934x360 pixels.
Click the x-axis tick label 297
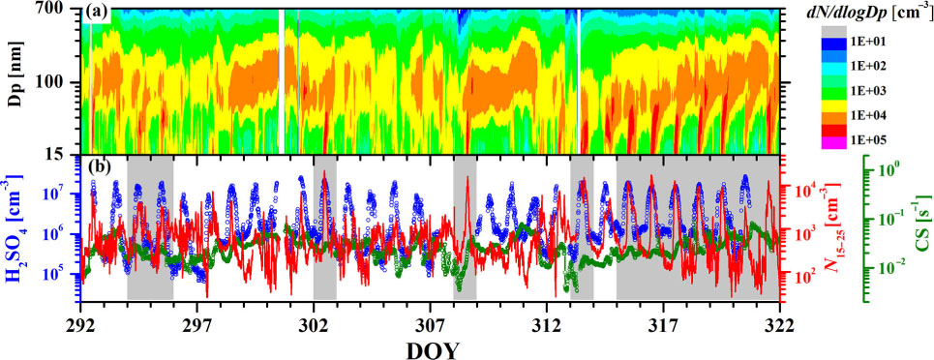[196, 326]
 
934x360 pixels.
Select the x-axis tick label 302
[314, 326]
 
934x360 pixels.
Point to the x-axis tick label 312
[547, 326]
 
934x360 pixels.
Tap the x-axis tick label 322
[780, 326]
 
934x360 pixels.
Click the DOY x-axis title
[431, 349]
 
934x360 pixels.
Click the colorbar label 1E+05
[869, 140]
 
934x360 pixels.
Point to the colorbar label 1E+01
[869, 41]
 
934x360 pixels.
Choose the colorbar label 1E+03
[869, 91]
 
